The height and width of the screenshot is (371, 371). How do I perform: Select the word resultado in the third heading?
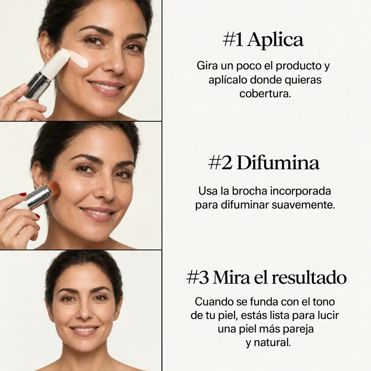tap(309, 278)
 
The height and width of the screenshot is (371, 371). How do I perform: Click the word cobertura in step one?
tap(265, 94)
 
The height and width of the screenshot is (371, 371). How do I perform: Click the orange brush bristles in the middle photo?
tap(54, 188)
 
